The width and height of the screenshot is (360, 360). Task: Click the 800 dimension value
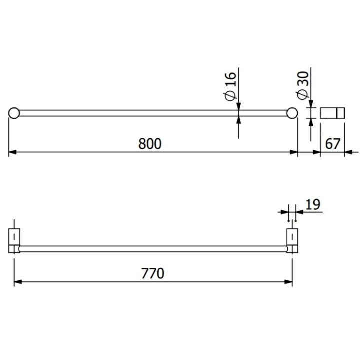click(x=150, y=144)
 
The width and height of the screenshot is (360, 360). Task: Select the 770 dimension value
click(x=153, y=273)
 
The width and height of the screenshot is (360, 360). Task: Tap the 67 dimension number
click(x=333, y=144)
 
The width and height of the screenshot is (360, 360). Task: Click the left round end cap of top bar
click(x=14, y=113)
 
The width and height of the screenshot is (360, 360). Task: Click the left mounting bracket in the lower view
click(x=14, y=240)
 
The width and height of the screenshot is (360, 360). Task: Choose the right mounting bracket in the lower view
click(x=292, y=240)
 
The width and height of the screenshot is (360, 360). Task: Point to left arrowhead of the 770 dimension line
click(x=17, y=282)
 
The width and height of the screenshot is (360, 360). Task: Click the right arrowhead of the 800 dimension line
click(x=294, y=152)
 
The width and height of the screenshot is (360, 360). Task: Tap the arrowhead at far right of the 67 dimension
click(x=348, y=152)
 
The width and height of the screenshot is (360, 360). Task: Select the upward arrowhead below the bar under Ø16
click(x=239, y=120)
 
